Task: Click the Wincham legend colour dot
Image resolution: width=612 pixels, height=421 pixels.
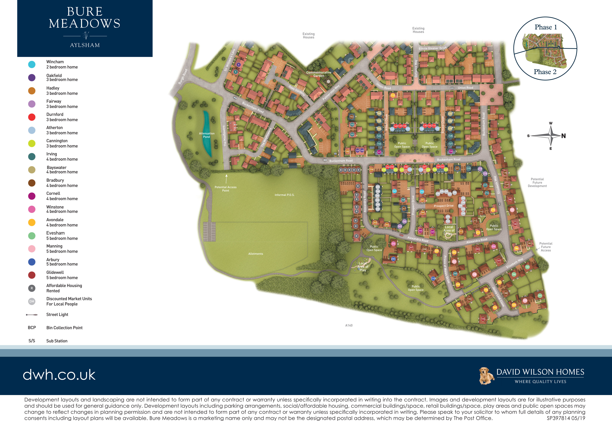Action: click(32, 64)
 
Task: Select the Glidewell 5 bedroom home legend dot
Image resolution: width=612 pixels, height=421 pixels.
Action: click(32, 275)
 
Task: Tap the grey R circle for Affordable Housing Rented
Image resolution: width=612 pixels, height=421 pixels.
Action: click(32, 288)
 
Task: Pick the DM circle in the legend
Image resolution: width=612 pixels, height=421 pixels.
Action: click(32, 301)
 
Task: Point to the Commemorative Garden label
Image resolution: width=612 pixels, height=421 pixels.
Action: click(319, 74)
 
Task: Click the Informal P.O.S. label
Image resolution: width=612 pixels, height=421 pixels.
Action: click(285, 195)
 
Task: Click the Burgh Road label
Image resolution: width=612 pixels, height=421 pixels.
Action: click(183, 76)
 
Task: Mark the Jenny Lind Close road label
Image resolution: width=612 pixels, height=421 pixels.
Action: click(498, 297)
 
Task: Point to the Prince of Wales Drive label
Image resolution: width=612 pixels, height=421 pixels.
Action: click(446, 269)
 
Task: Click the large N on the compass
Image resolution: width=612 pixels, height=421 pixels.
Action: click(563, 136)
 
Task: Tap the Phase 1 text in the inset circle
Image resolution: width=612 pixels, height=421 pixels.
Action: click(546, 27)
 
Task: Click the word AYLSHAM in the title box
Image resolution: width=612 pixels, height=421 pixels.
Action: click(85, 45)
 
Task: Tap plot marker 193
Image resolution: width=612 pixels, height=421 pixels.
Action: click(483, 319)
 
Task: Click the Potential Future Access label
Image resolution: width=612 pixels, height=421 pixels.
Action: click(546, 247)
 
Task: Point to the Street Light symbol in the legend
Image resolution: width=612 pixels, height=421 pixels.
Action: click(32, 315)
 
